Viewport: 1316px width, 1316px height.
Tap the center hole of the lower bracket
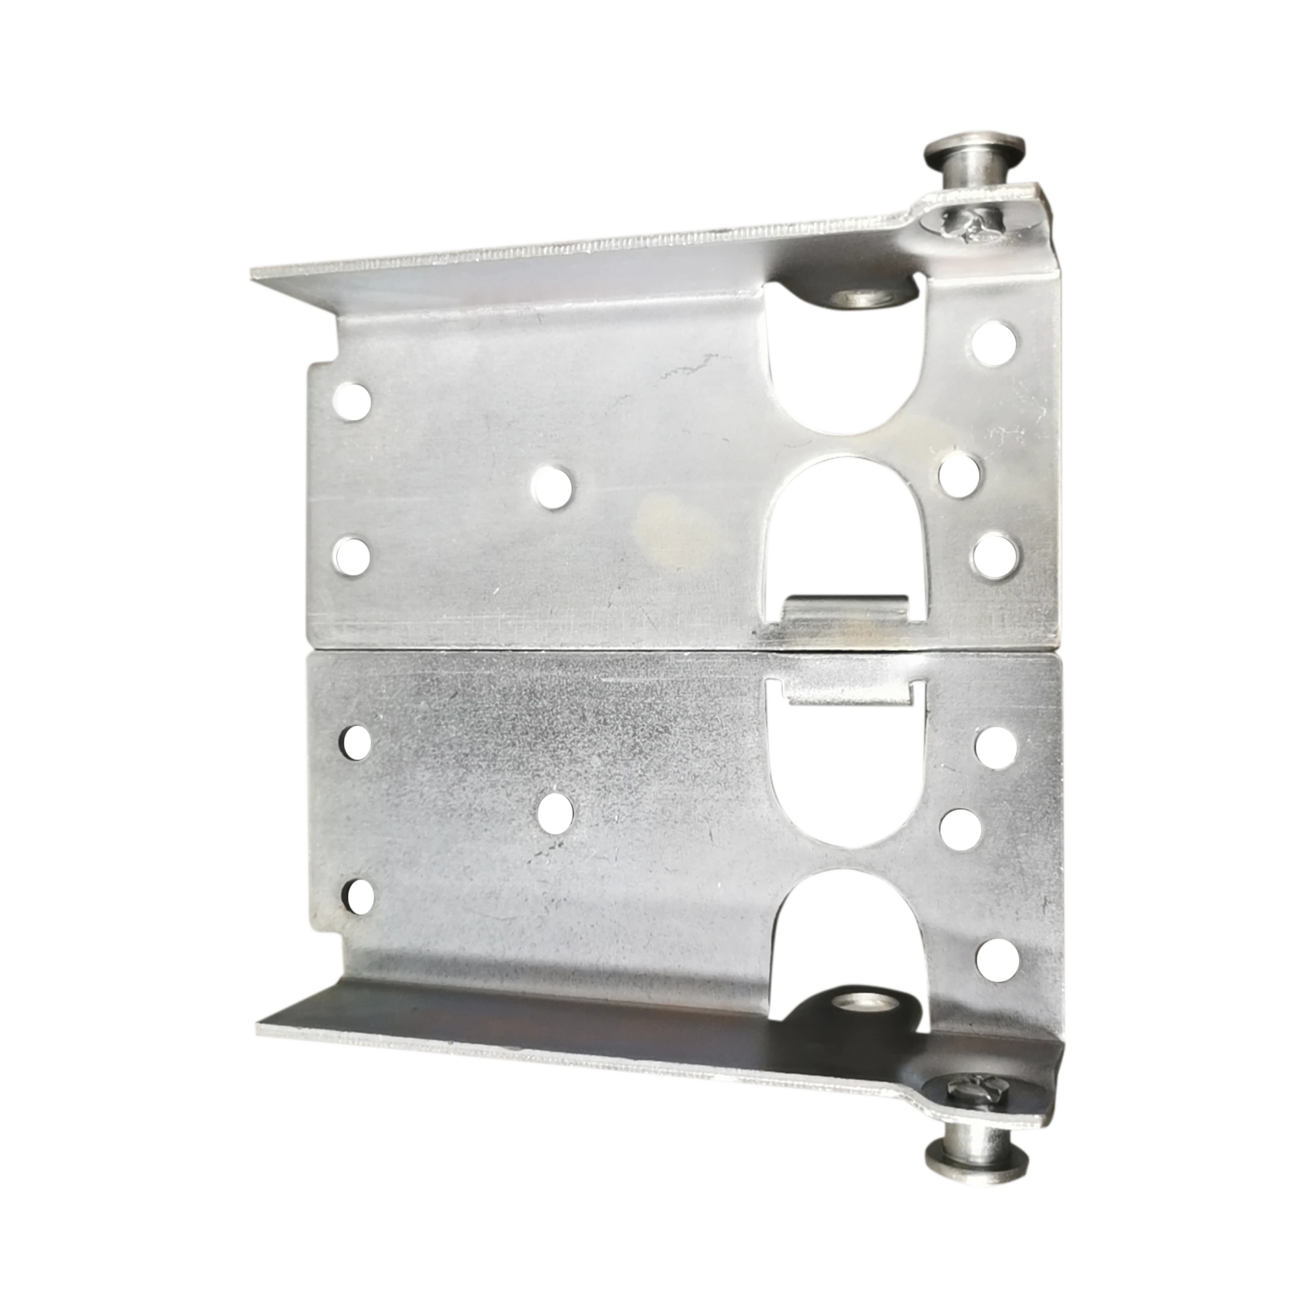[556, 813]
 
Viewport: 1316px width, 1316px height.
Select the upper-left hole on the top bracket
[353, 402]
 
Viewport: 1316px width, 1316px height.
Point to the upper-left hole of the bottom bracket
[355, 742]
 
